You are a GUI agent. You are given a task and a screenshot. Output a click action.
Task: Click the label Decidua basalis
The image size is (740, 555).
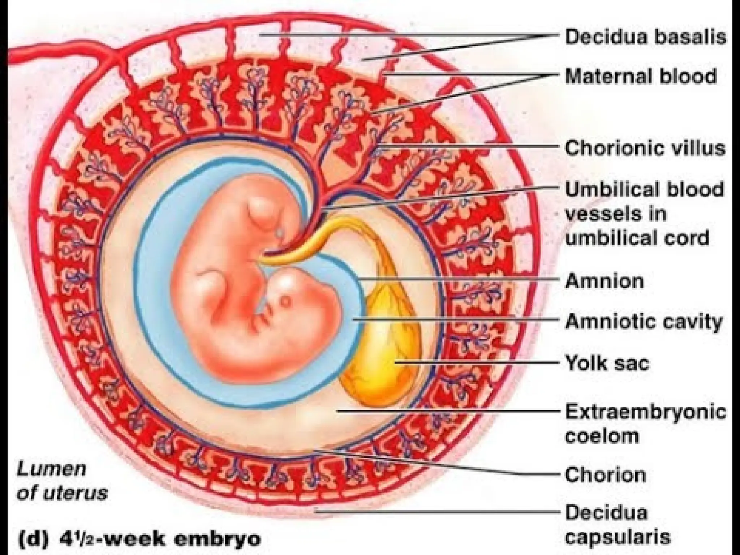point(645,37)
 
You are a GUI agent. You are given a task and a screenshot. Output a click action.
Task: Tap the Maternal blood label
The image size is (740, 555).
point(641,76)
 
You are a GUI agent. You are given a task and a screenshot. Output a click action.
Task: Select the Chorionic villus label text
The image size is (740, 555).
point(645,148)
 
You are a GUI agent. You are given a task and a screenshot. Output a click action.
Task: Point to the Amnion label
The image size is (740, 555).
point(605,281)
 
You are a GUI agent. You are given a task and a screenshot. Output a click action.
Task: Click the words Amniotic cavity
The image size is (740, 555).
point(644,321)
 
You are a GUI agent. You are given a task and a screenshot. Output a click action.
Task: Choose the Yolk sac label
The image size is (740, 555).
point(607,363)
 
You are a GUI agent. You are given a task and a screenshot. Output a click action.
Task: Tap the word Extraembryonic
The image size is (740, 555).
point(645,412)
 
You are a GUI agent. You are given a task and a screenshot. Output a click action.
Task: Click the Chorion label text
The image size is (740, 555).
point(606,475)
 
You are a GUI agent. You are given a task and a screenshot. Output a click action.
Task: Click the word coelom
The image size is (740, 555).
point(602,436)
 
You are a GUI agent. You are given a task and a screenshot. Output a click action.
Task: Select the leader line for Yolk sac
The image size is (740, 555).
point(477,362)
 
